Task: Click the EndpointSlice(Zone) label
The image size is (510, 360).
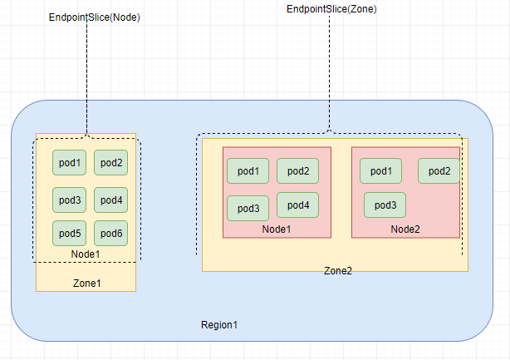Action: coord(331,9)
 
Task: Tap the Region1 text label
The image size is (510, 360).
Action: coord(219,324)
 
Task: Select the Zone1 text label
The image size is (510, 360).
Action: coord(86,284)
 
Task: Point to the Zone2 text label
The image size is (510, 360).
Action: coord(337,271)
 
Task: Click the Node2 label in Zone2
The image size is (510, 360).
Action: coord(406,229)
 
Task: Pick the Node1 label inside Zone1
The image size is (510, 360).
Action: coord(86,254)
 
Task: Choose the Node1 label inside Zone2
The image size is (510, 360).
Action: coord(277,229)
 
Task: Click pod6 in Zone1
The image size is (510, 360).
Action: coord(110,234)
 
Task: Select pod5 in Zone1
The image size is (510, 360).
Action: coord(69,234)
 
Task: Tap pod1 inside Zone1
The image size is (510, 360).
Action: coord(69,162)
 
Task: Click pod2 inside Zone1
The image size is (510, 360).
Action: coord(110,162)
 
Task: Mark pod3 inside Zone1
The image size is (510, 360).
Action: coord(69,200)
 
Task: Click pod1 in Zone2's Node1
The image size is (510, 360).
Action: coord(248,171)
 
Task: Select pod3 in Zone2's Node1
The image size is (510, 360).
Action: coord(248,208)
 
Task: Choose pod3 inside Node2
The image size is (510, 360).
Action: coord(385,205)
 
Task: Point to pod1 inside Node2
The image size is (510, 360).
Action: coord(380,170)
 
